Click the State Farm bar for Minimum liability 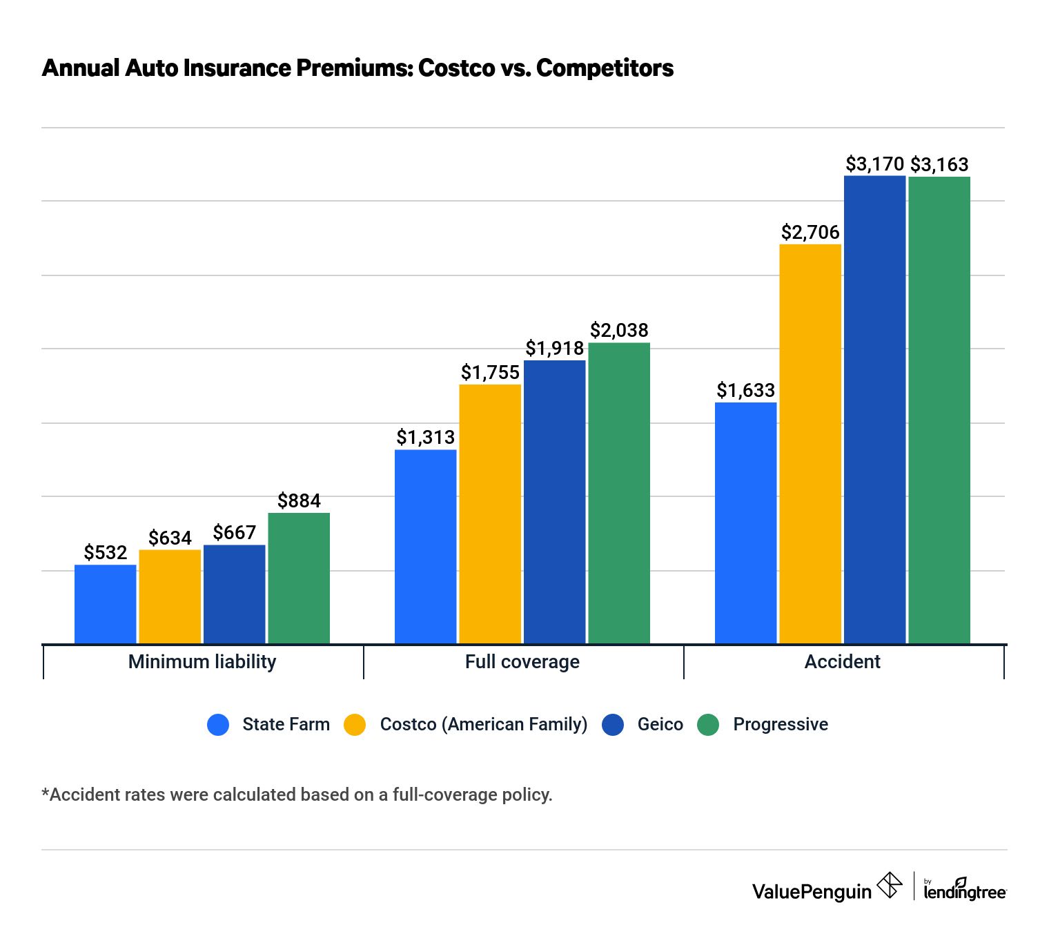tap(105, 604)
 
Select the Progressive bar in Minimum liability tap(299, 578)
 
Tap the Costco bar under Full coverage tap(490, 514)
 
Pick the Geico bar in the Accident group tap(874, 410)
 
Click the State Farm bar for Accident tap(745, 523)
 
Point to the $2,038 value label tap(619, 331)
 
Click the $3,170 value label tap(874, 164)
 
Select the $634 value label tap(170, 538)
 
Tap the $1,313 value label tap(425, 438)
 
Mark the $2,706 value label tap(810, 233)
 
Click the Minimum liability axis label tap(202, 662)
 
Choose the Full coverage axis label tap(522, 662)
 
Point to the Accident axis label tap(842, 662)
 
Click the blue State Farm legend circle tap(218, 725)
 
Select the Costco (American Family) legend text tap(483, 725)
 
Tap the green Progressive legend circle tap(708, 725)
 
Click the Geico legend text tap(660, 725)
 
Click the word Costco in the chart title tap(456, 68)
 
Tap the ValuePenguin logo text tap(812, 891)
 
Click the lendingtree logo tap(964, 890)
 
